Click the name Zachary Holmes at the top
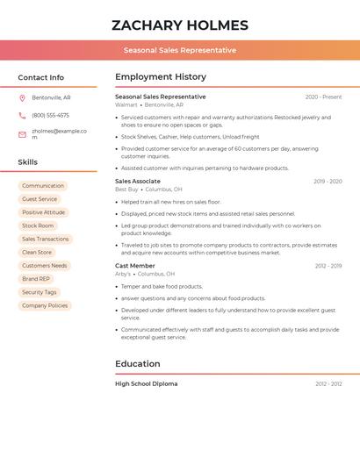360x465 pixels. tap(180, 25)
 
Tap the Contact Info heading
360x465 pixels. tap(41, 77)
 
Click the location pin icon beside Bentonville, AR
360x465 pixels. tap(23, 97)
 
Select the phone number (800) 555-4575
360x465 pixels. tap(50, 115)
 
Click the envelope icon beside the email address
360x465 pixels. tap(23, 134)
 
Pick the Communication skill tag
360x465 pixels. tap(43, 186)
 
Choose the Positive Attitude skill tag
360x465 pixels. tap(43, 212)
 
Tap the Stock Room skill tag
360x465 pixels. tap(38, 225)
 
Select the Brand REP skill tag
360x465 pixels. tap(36, 279)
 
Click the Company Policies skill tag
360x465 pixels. tap(45, 305)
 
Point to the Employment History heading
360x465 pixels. tap(161, 76)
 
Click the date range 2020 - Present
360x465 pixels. tap(323, 97)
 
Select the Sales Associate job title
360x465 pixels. tap(138, 181)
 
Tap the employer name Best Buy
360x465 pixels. tap(127, 189)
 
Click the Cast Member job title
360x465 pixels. tap(135, 265)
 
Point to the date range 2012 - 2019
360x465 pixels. tap(328, 265)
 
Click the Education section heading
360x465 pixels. tap(138, 363)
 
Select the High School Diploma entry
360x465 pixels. tap(147, 383)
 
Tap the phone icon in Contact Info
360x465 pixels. tap(23, 115)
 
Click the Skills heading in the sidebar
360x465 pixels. tap(28, 162)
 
